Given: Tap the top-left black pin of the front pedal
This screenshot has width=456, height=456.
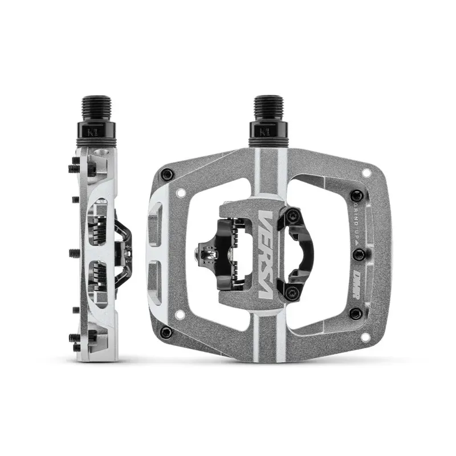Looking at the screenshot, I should [166, 174].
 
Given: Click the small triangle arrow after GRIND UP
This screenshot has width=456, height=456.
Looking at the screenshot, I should [357, 242].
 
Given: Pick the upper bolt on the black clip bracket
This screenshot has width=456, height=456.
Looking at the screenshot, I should [294, 214].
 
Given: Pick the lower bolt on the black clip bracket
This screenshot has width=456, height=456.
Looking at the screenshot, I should [294, 293].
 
